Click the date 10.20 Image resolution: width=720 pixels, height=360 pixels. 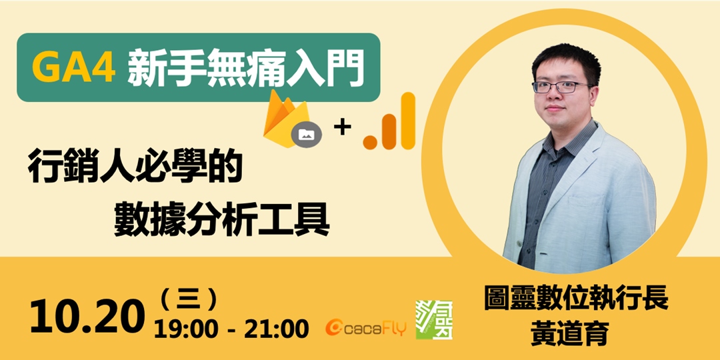[x=87, y=317]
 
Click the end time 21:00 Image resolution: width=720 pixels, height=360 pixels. [x=275, y=328]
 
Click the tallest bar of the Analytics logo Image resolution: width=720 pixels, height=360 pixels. [x=407, y=120]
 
